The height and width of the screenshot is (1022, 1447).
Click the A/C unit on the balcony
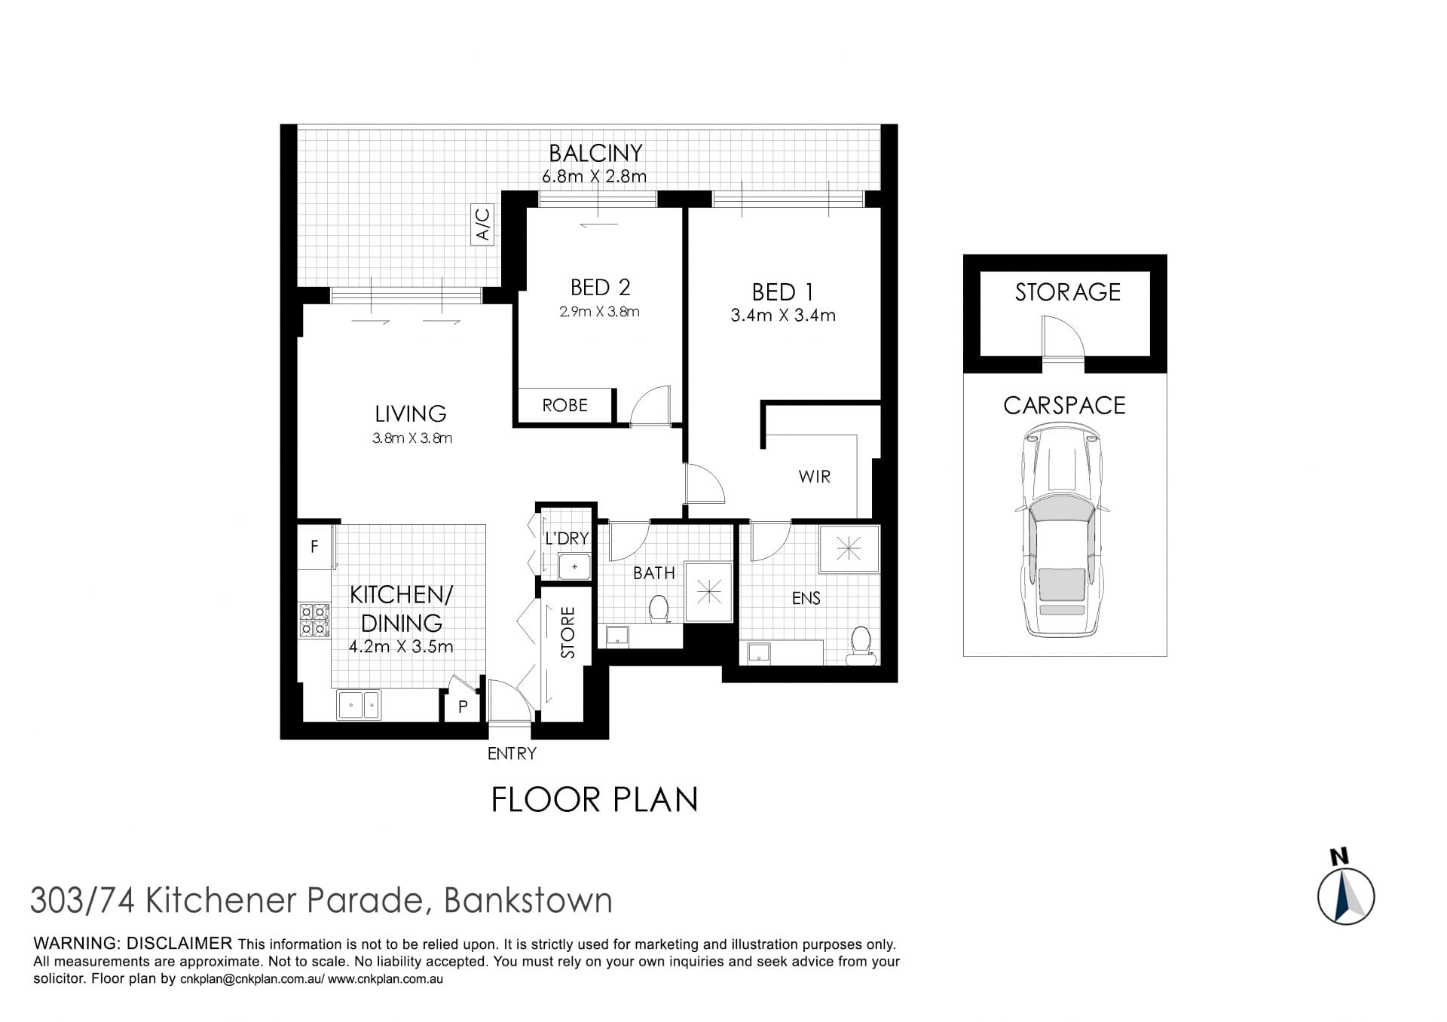pos(482,224)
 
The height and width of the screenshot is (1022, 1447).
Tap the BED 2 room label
pos(600,288)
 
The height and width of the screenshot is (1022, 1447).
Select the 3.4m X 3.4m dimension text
pos(783,316)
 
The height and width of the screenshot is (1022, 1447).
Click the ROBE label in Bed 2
pos(564,405)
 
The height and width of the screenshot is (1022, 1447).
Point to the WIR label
pos(814,476)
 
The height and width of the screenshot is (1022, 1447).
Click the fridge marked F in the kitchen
pos(314,545)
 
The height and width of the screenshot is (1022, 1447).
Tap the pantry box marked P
pos(463,706)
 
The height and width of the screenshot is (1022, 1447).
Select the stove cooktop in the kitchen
pos(314,620)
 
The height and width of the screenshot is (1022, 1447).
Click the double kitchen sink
pos(359,705)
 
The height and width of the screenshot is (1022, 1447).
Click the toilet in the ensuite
pos(861,646)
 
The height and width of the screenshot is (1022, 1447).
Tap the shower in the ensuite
pos(849,549)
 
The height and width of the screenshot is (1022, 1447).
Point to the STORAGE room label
pos(1067,292)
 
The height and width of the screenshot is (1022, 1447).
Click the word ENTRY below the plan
pos(512,754)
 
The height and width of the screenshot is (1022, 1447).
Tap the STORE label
pos(568,633)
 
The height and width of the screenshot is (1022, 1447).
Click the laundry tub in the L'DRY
pos(574,566)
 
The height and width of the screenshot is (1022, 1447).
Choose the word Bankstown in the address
pos(528,901)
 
